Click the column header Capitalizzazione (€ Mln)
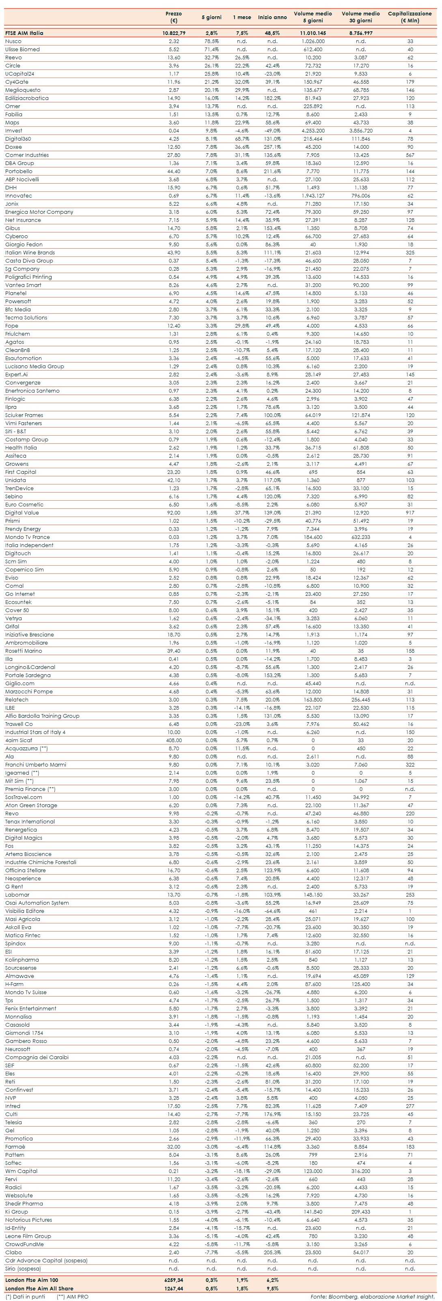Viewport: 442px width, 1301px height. point(410,17)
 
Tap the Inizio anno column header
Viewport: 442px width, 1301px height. point(272,17)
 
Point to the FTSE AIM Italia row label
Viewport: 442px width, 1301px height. point(24,33)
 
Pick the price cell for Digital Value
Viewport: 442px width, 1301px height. point(174,513)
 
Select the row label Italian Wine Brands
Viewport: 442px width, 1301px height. point(30,252)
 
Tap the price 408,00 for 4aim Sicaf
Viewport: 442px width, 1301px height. point(174,741)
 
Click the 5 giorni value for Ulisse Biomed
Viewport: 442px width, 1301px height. point(211,50)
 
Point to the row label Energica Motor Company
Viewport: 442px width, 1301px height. point(39,212)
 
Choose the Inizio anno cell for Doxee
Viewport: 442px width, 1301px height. point(272,147)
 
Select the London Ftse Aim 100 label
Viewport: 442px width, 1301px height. point(31,1280)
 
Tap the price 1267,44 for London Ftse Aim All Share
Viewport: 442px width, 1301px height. point(174,1288)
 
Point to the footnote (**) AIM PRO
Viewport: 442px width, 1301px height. point(72,1297)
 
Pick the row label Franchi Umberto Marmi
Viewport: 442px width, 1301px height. point(35,765)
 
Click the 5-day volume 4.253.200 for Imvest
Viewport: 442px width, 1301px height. point(313,131)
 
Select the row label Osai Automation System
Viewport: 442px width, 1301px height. point(37,903)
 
